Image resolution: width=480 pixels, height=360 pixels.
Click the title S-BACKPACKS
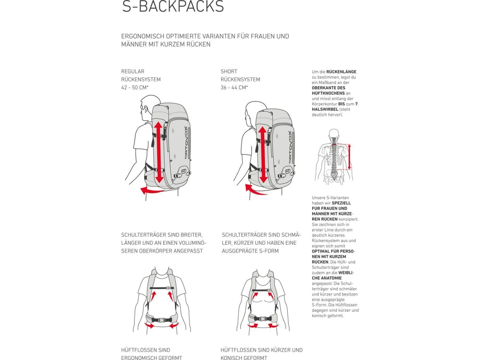pos(173,7)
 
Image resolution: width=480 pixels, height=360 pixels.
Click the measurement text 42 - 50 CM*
pos(135,87)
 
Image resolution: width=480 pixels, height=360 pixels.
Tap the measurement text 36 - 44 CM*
pos(234,87)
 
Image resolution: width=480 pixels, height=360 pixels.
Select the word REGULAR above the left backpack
pos(133,71)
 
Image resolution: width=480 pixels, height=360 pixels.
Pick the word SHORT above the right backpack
pos(229,71)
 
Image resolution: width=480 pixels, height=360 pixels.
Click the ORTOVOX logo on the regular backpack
pos(186,142)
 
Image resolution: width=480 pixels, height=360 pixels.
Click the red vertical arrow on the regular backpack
pos(159,152)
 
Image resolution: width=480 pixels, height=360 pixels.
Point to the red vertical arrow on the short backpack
pos(263,155)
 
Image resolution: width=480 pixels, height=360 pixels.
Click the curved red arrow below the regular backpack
pos(152,191)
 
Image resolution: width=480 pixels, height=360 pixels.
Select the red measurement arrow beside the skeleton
pos(349,157)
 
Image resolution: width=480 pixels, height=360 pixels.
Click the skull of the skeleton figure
pos(334,133)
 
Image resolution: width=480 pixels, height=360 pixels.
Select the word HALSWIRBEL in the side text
pos(325,109)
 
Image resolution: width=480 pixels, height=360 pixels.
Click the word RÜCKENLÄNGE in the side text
pos(341,72)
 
